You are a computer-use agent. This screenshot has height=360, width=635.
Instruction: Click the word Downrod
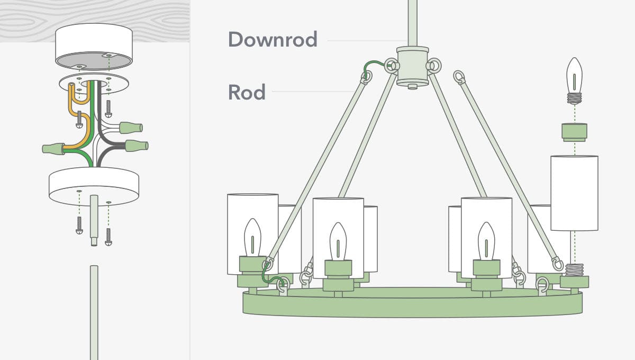click(x=273, y=40)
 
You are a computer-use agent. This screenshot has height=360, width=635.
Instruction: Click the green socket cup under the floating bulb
click(x=574, y=132)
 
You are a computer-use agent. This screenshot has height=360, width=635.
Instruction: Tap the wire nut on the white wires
click(x=131, y=128)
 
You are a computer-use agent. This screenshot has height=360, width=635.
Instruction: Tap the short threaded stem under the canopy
click(x=94, y=220)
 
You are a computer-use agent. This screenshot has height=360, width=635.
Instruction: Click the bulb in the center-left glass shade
click(x=338, y=241)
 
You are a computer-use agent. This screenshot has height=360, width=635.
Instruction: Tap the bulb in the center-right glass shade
click(x=486, y=241)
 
